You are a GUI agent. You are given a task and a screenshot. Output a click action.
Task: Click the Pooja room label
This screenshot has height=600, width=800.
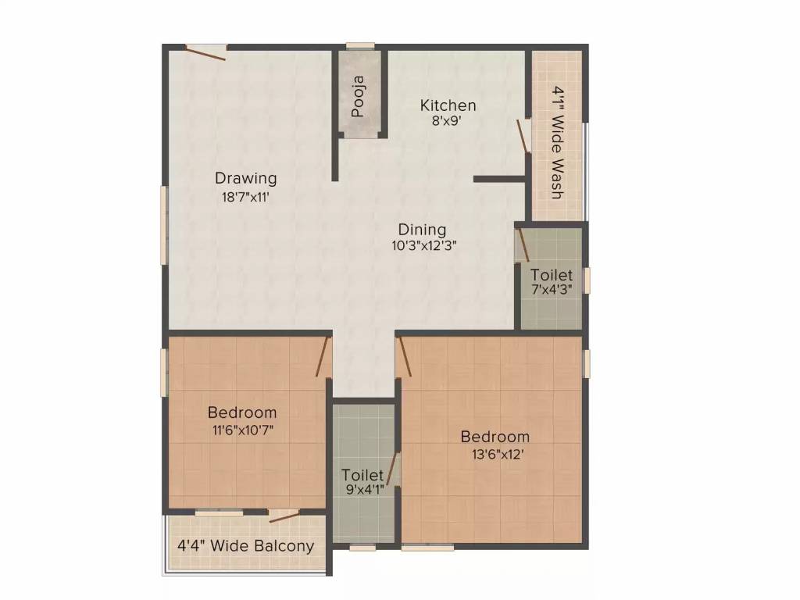click(359, 95)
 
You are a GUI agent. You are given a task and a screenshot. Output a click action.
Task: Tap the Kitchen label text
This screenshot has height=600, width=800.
click(448, 105)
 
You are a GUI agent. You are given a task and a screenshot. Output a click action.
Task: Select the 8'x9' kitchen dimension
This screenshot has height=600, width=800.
click(448, 121)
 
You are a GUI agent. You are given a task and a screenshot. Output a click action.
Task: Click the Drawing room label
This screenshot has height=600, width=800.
click(246, 178)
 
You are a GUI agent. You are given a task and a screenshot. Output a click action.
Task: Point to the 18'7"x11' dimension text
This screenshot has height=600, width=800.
click(245, 197)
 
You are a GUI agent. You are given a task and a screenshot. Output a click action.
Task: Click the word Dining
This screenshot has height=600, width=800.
click(422, 230)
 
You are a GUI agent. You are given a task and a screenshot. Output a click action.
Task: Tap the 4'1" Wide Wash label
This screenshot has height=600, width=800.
click(557, 142)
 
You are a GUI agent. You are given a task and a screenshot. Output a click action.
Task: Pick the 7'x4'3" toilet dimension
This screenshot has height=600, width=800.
click(552, 289)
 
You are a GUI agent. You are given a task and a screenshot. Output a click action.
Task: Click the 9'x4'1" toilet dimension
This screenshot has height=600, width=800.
click(362, 491)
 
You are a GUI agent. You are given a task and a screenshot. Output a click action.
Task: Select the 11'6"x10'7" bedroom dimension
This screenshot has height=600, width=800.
click(241, 429)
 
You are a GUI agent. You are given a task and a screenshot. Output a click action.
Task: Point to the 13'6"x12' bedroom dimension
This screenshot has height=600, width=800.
click(495, 453)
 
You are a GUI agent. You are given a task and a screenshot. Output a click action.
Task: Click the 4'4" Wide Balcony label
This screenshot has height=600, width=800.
click(245, 545)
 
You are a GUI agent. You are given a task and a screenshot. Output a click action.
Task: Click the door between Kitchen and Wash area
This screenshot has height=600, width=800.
click(524, 137)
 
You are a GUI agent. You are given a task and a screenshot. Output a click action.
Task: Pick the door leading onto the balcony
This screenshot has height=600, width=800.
click(284, 515)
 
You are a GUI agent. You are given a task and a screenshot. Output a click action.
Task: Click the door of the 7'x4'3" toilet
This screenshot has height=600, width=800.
click(523, 245)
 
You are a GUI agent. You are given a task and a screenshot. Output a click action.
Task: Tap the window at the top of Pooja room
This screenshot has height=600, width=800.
click(360, 46)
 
